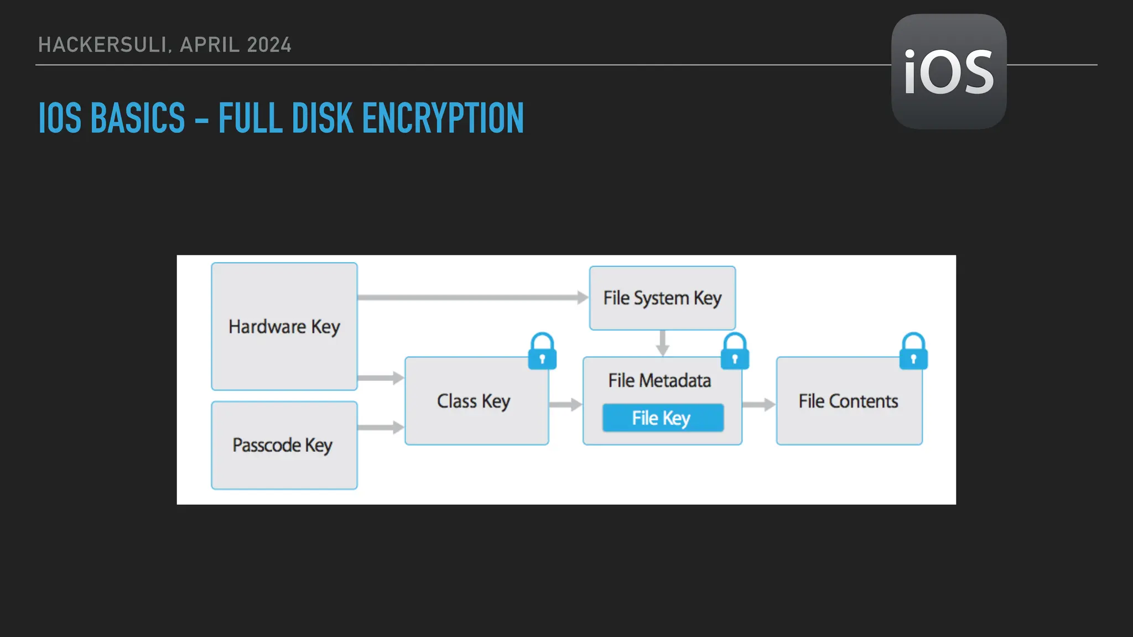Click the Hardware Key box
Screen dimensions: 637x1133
point(284,326)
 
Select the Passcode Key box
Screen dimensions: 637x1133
point(284,445)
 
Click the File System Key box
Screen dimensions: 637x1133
point(662,298)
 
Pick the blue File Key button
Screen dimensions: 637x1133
point(663,418)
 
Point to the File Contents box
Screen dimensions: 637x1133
point(849,401)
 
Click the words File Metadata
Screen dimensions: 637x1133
point(659,380)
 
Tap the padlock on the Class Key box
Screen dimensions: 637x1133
point(542,352)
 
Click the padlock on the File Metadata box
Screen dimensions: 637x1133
point(735,352)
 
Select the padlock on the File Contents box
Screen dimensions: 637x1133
point(913,352)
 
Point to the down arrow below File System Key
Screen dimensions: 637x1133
point(662,343)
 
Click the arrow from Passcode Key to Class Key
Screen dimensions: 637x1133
point(381,427)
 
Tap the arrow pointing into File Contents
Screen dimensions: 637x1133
point(758,405)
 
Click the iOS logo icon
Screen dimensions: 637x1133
point(949,72)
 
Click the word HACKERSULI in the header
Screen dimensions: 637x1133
point(103,45)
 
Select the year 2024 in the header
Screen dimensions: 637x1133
point(269,45)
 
